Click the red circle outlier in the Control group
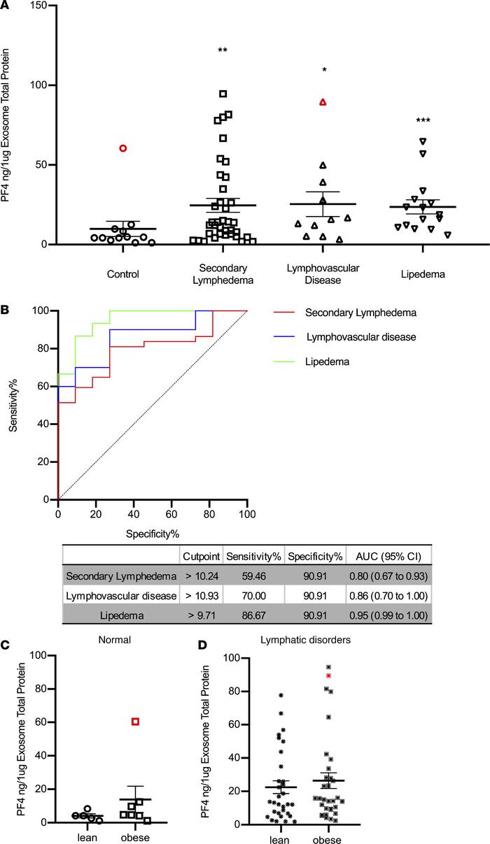pos(123,148)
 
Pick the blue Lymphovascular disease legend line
pos(281,336)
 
